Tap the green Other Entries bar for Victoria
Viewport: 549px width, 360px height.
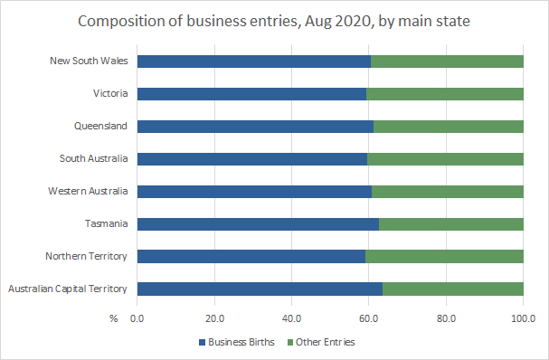[444, 94]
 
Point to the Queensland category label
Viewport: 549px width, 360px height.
[102, 127]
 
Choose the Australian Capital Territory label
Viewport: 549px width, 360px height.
[69, 289]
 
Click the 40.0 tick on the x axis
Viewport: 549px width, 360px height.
[291, 318]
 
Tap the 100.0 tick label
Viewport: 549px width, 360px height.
[523, 318]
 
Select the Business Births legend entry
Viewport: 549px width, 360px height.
[234, 342]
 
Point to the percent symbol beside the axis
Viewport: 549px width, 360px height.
[114, 318]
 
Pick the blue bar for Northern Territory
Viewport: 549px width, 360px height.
[251, 257]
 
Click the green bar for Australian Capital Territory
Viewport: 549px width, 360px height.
[452, 289]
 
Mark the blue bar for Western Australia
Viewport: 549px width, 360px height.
[254, 192]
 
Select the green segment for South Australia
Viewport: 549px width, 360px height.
[445, 159]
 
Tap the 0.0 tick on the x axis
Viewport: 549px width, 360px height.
[137, 318]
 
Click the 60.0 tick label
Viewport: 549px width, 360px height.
[368, 318]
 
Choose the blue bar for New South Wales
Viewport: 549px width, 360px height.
[254, 62]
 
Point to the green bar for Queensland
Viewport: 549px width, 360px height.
[448, 127]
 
